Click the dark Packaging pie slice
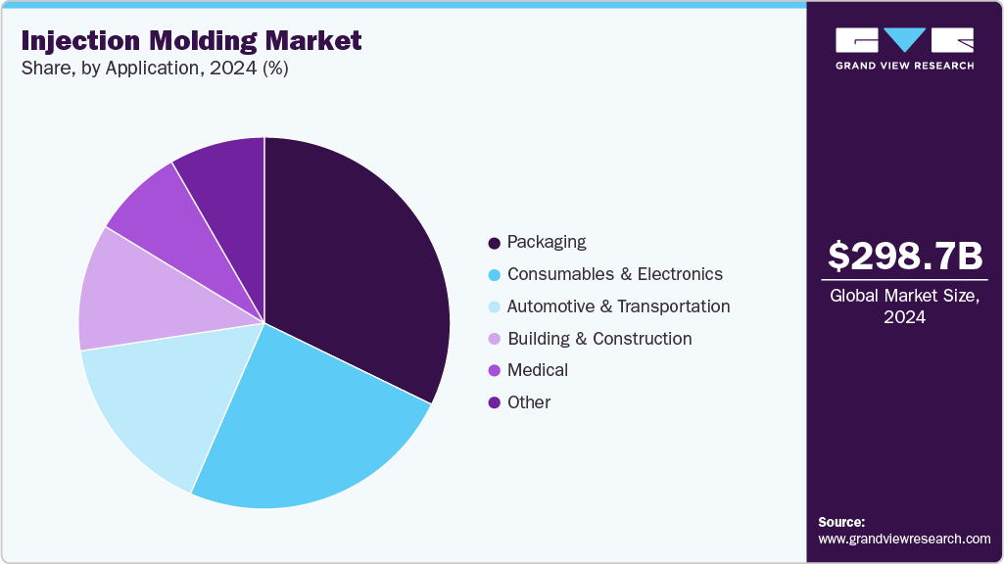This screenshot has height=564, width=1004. [x=362, y=264]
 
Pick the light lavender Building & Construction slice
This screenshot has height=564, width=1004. [x=127, y=294]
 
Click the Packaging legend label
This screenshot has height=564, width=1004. [x=546, y=242]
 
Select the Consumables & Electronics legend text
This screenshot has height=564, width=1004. [x=614, y=274]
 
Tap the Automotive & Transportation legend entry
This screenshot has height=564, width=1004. [x=618, y=306]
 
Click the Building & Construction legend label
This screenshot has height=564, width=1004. [x=599, y=339]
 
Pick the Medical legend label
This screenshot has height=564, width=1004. [x=537, y=370]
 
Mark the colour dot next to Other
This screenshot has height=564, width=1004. [x=495, y=402]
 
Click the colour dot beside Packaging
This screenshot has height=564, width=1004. [x=495, y=243]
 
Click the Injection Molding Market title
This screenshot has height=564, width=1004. [x=191, y=41]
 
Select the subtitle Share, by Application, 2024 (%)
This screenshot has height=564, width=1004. [x=155, y=69]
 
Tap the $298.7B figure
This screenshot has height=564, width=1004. [x=904, y=257]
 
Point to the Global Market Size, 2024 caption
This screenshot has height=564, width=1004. [x=904, y=306]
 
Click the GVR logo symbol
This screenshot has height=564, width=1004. [x=904, y=40]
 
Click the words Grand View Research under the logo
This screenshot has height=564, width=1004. [x=904, y=66]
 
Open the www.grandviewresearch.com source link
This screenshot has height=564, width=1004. [x=904, y=539]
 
